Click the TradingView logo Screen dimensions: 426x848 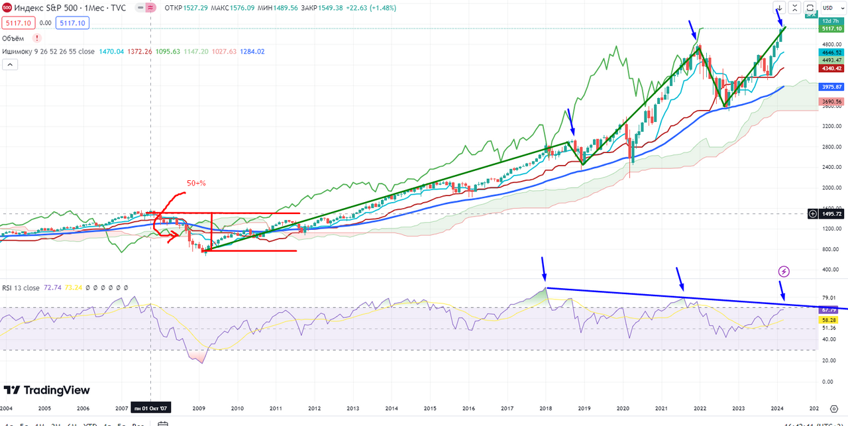click(46, 390)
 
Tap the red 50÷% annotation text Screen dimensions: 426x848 click(197, 183)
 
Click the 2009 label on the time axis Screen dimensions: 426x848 click(199, 409)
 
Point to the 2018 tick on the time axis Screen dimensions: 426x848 click(546, 409)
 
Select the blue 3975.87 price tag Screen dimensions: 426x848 click(831, 87)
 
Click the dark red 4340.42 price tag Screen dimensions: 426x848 click(831, 68)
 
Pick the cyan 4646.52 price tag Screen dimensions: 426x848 click(831, 52)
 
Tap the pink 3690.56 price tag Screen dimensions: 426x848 click(831, 102)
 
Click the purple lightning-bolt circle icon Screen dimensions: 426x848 click(784, 271)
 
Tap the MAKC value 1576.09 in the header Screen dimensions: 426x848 click(271, 8)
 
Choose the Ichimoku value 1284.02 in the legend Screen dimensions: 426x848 click(252, 52)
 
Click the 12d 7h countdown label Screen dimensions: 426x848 click(831, 21)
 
